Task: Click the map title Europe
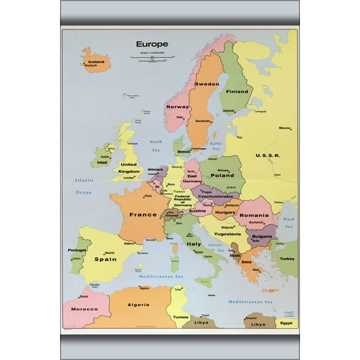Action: click(152, 44)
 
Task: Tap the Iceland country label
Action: click(96, 62)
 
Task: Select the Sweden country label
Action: click(206, 84)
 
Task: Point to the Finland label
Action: click(237, 92)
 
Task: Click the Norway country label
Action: click(177, 107)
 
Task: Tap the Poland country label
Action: click(222, 175)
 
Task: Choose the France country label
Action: click(143, 215)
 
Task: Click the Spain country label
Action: click(105, 259)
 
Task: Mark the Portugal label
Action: click(77, 250)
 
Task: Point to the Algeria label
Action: click(138, 305)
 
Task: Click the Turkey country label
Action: click(287, 259)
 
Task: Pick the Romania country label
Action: click(254, 216)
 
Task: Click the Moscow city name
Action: click(285, 128)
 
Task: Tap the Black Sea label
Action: click(289, 222)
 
